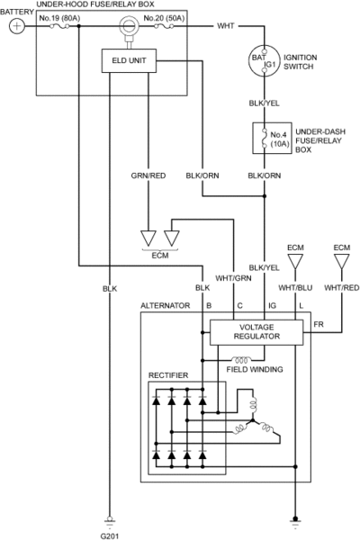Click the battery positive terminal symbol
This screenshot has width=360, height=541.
coord(16,26)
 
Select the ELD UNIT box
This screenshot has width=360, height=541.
coord(129,60)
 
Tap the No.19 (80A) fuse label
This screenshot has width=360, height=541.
coord(59,18)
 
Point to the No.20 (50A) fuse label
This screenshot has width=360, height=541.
coord(164,18)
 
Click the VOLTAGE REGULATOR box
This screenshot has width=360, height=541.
coord(256,332)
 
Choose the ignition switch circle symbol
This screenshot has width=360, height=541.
coord(264,61)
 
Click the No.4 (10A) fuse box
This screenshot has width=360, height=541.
coord(272,138)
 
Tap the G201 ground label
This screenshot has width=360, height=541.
coord(110,536)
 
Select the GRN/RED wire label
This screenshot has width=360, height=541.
coord(148,176)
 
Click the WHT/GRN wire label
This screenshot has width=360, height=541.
coord(233,278)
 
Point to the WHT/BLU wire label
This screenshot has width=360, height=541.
coord(295,288)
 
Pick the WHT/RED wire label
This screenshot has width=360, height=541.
coord(342,288)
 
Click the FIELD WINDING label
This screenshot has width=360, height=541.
coord(255,370)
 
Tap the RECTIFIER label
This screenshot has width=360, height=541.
coord(168,375)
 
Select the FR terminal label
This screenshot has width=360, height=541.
coord(319,324)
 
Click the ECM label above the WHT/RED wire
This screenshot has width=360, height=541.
coord(342,248)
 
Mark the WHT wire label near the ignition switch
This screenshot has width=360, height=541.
coord(226,26)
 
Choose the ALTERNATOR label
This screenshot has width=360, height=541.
coord(166,306)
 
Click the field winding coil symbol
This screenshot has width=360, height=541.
coord(241,359)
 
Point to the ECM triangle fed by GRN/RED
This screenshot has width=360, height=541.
coord(148,239)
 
